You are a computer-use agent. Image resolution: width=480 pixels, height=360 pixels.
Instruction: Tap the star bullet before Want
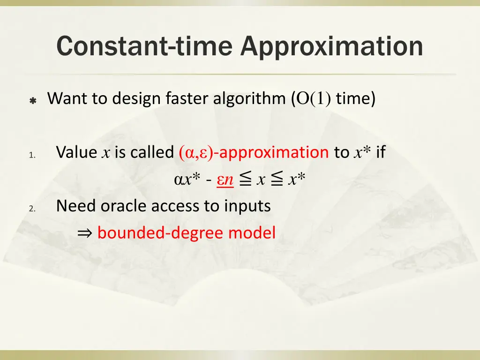tap(33, 100)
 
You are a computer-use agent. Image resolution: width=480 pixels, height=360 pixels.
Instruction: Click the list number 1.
tap(31, 155)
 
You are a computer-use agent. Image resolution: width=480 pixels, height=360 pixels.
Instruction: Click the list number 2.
tap(31, 209)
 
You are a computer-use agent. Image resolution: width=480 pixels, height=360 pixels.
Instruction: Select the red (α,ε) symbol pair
tap(196, 153)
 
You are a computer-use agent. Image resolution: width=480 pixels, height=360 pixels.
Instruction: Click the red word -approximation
tap(272, 152)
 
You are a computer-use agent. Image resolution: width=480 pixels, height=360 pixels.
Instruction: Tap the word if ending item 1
tap(381, 152)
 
